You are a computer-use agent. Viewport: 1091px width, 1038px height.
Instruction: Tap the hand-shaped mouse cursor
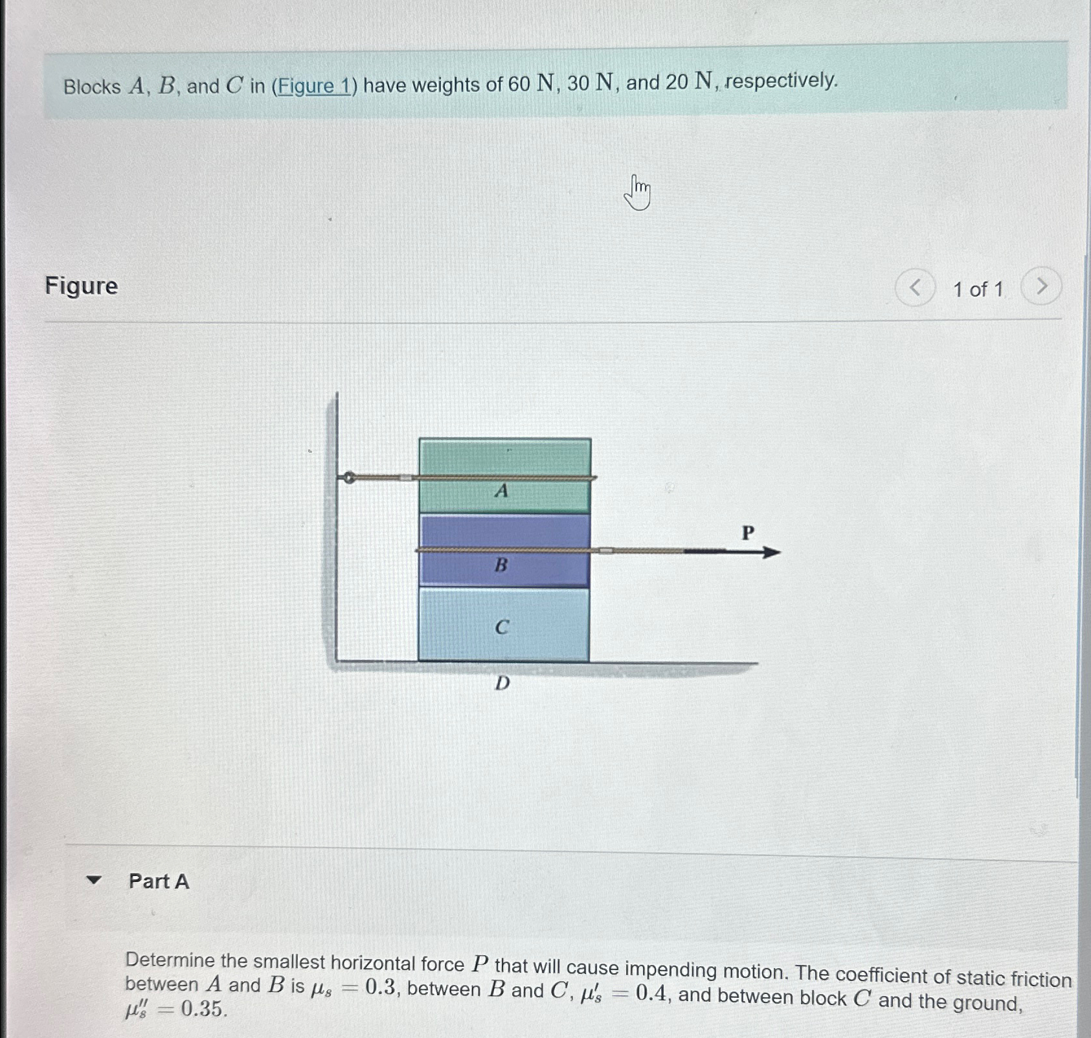coord(638,193)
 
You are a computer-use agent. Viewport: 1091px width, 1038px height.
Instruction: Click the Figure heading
coord(82,286)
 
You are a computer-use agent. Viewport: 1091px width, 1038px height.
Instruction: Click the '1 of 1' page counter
coord(978,289)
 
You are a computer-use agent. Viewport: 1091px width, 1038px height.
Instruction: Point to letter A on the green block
coord(501,491)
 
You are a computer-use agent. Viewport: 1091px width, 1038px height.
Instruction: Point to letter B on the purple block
coord(501,565)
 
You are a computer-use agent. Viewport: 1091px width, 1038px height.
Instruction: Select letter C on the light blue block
coord(502,627)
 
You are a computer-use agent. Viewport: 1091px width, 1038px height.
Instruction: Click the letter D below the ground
coord(502,683)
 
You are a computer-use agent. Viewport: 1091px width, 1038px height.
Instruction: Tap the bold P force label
coord(748,533)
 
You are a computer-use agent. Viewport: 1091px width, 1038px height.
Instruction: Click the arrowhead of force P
coord(772,552)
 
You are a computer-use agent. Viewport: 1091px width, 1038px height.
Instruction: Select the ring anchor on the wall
coord(349,478)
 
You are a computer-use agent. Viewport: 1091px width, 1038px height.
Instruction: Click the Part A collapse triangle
coord(95,880)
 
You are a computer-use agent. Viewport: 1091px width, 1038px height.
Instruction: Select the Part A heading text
coord(159,881)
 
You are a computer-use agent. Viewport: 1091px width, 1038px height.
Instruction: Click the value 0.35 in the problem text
coord(203,1009)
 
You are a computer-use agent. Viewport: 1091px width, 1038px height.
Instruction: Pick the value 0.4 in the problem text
coord(651,993)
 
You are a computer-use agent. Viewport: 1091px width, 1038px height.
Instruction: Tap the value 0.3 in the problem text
coord(380,987)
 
